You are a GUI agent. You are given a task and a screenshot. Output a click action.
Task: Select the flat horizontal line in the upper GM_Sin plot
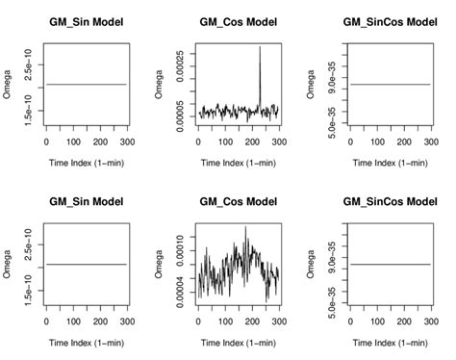(x=86, y=84)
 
